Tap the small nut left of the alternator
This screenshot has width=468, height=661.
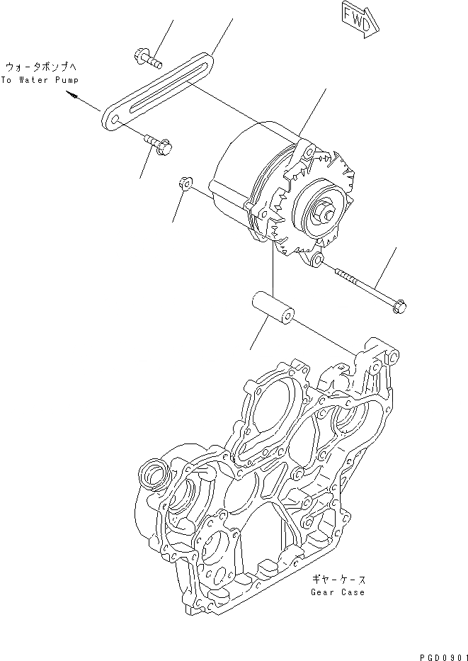coord(183,184)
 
